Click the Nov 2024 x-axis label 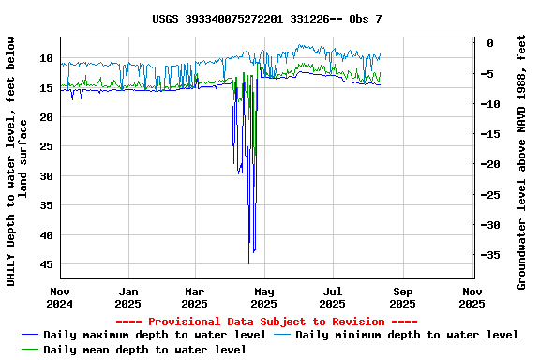(61, 297)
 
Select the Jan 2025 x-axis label (128, 297)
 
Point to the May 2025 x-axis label (264, 297)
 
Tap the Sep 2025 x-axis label (402, 297)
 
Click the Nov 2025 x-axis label (472, 297)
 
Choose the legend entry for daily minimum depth (407, 335)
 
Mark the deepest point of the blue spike (248, 263)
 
